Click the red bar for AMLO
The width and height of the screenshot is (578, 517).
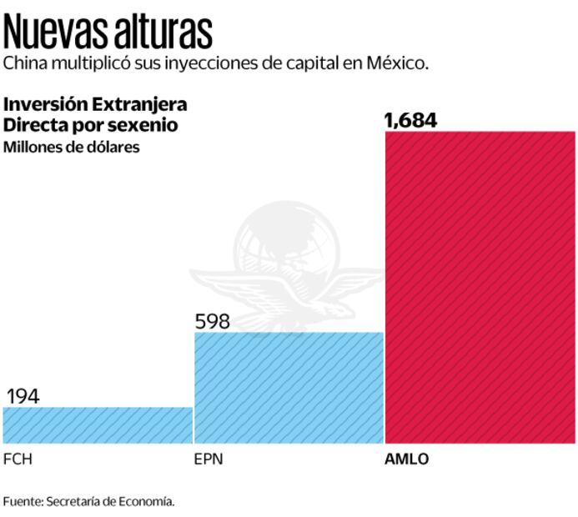480,287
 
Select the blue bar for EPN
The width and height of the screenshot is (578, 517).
289,387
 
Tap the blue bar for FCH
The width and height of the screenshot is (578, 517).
98,424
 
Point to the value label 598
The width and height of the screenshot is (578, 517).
212,321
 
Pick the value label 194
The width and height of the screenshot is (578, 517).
23,396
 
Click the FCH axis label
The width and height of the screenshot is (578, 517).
18,459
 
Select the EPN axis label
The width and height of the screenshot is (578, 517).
208,459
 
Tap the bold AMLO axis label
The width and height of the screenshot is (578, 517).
406,459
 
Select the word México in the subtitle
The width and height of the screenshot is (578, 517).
398,63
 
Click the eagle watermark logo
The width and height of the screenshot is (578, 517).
284,267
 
